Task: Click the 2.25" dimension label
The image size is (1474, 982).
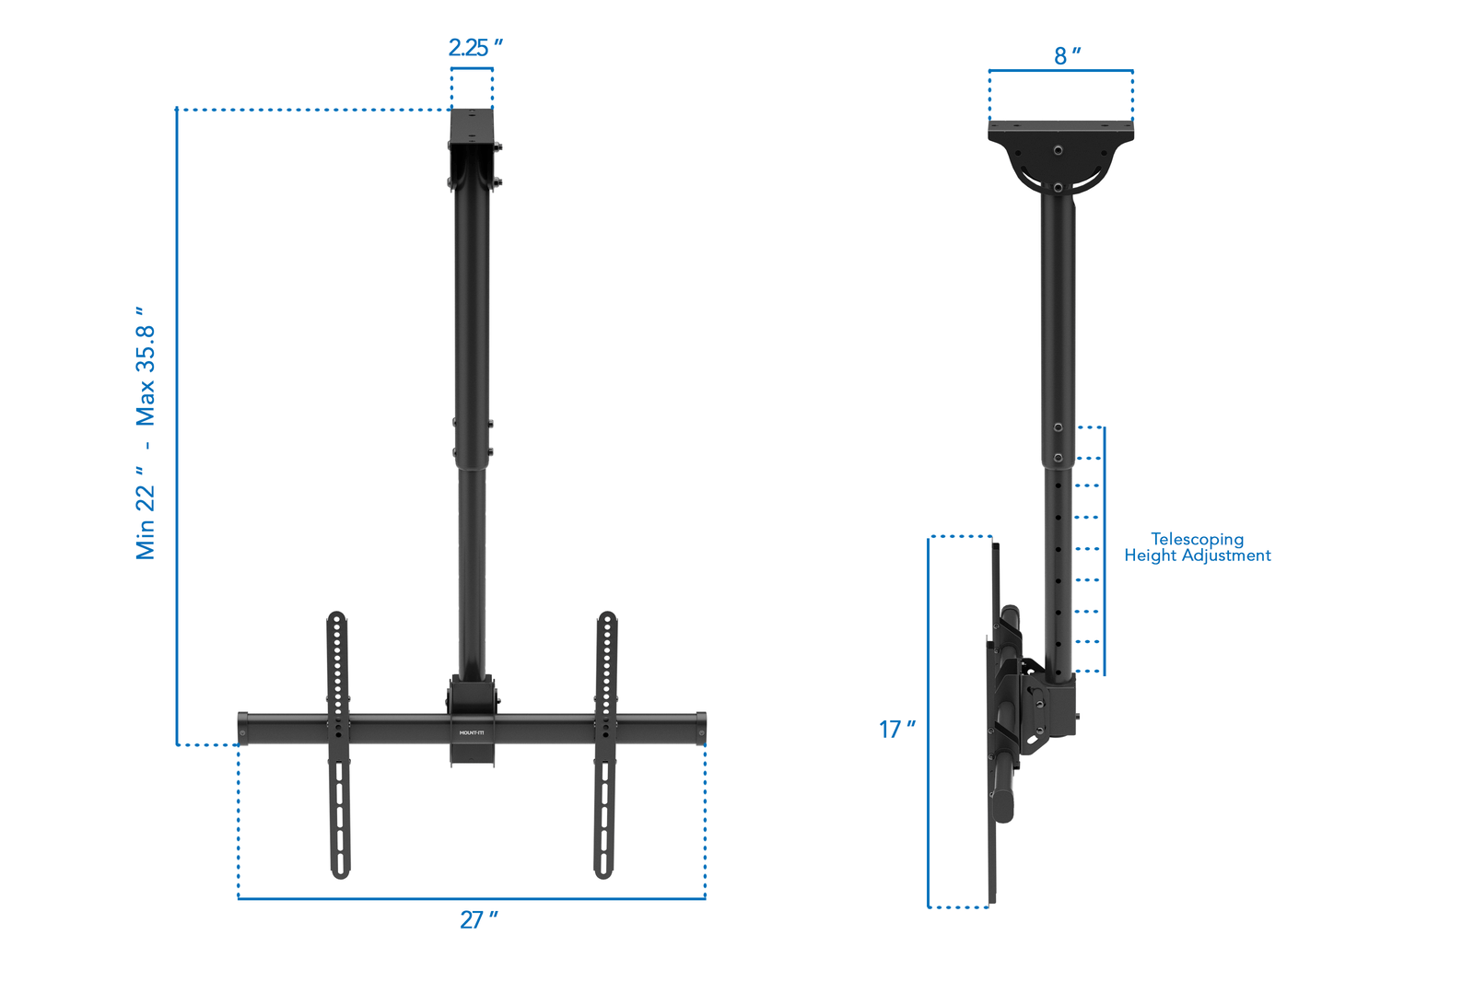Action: point(474,47)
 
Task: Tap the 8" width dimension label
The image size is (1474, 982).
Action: point(1067,56)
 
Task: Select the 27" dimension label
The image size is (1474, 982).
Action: point(478,919)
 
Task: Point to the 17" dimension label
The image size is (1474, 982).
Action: point(896,730)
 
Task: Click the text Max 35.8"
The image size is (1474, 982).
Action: point(146,367)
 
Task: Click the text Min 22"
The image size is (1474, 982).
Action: point(146,512)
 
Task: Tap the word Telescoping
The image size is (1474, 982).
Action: point(1197,539)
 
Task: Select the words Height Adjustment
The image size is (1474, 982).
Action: point(1197,555)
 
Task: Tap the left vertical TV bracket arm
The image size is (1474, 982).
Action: point(338,746)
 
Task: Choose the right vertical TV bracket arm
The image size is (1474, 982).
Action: point(605,746)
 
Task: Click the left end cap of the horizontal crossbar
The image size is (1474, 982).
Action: point(243,728)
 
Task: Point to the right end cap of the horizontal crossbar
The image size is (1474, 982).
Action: point(701,728)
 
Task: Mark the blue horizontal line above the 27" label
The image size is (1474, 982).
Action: point(472,898)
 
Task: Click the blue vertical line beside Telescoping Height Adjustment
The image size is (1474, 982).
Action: point(1104,551)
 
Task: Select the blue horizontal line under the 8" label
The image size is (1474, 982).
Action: point(1060,70)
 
